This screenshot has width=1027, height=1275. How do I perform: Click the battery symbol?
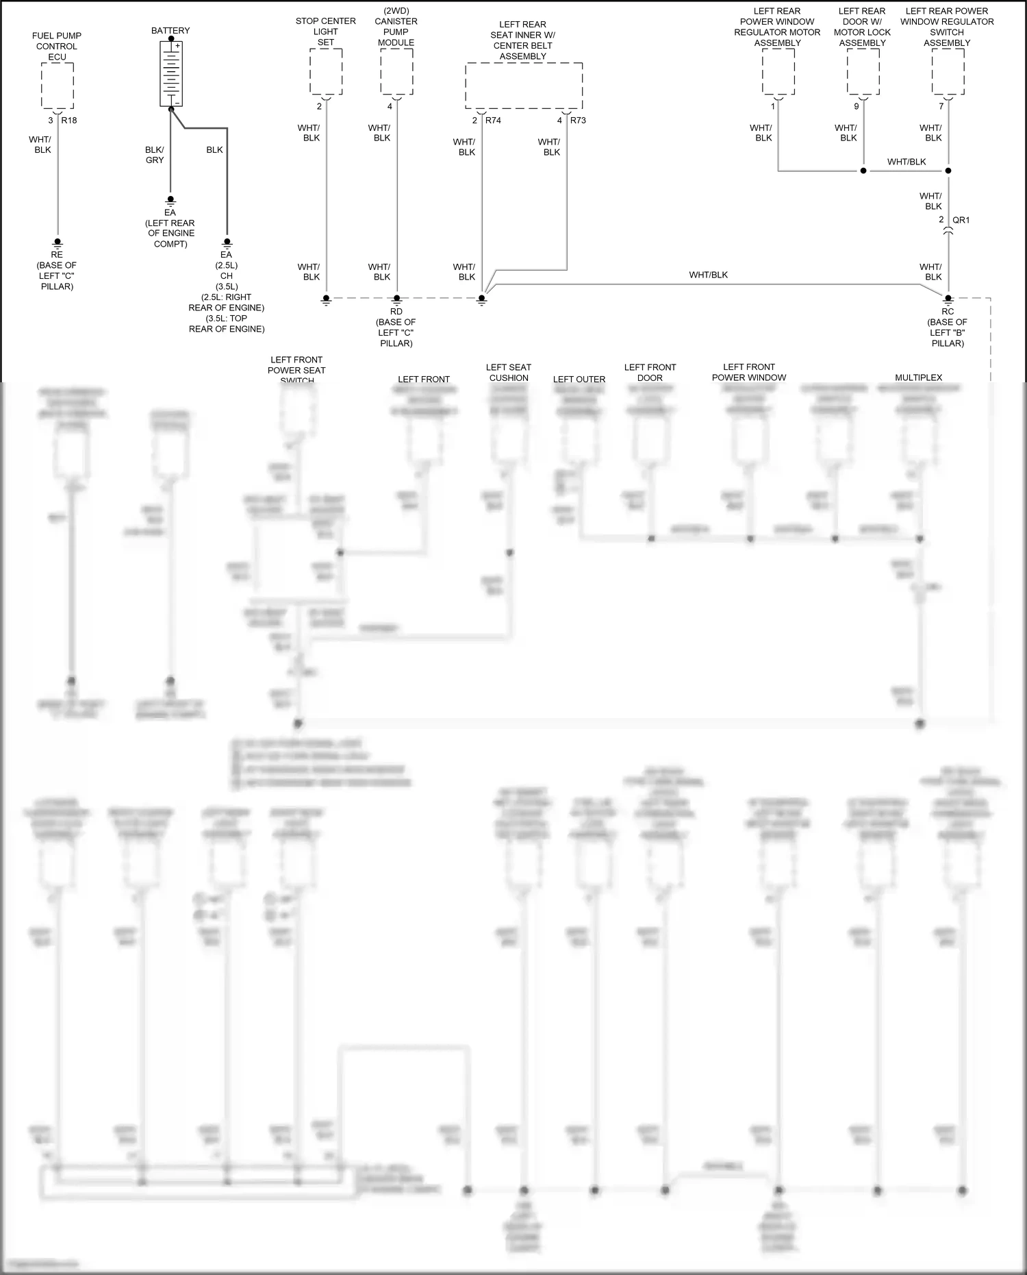tap(170, 74)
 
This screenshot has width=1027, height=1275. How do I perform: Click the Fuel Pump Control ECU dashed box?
tap(58, 86)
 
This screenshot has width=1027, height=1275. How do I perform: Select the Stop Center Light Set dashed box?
tap(326, 72)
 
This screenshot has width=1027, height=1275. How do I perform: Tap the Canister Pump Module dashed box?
tap(396, 72)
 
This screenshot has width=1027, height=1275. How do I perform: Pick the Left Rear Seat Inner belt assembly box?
tap(524, 86)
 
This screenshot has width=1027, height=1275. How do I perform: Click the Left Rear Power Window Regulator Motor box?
tap(778, 72)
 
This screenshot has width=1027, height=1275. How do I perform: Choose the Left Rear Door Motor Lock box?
tap(863, 72)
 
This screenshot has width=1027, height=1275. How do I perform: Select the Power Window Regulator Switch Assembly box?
tap(948, 72)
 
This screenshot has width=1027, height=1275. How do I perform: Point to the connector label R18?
tap(69, 121)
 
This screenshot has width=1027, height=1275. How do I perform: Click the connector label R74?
tap(493, 121)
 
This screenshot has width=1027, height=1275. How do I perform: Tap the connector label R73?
tap(578, 121)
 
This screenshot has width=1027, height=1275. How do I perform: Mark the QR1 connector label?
tap(961, 220)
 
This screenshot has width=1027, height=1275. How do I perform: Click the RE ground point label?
tap(57, 255)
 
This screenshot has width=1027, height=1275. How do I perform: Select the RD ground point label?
tap(396, 312)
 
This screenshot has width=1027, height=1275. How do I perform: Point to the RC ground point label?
tap(948, 312)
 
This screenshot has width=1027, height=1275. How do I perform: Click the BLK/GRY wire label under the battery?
tap(155, 155)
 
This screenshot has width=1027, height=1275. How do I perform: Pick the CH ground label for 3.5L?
tap(227, 276)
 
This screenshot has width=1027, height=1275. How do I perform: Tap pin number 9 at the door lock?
tap(857, 107)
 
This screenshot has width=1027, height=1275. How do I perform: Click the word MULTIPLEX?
tap(919, 377)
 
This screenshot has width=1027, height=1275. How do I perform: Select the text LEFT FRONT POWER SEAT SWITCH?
tap(296, 370)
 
